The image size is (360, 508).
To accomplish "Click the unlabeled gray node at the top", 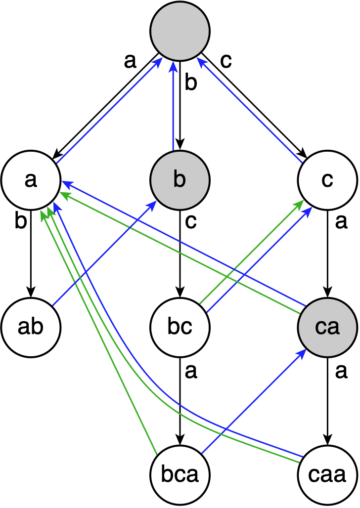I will coord(180,31).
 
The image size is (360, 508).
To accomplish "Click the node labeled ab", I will coord(31,327).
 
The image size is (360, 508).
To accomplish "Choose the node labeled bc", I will coord(180,327).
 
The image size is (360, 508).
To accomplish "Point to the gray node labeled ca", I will coord(327,327).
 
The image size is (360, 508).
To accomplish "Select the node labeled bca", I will coord(180,475).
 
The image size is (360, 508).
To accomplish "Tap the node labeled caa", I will coord(327,475).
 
